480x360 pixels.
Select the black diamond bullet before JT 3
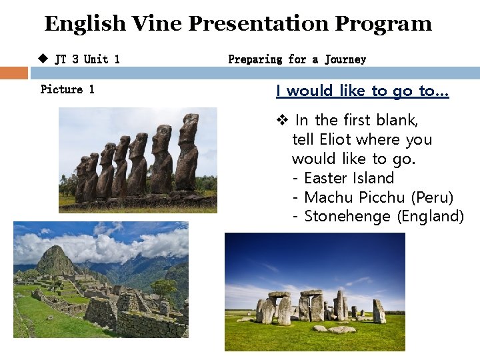coord(45,59)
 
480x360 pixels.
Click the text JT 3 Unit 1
coord(87,59)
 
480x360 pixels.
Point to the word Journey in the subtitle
coord(345,59)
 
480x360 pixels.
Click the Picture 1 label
coord(67,89)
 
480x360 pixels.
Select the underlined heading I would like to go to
coord(362,91)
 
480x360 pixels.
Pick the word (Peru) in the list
coord(432,197)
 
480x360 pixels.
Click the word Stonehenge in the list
coord(347,216)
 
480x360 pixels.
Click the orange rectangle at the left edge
coord(13,73)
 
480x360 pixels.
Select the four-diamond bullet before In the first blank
coord(281,121)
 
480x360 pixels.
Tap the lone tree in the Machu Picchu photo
coord(164,288)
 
